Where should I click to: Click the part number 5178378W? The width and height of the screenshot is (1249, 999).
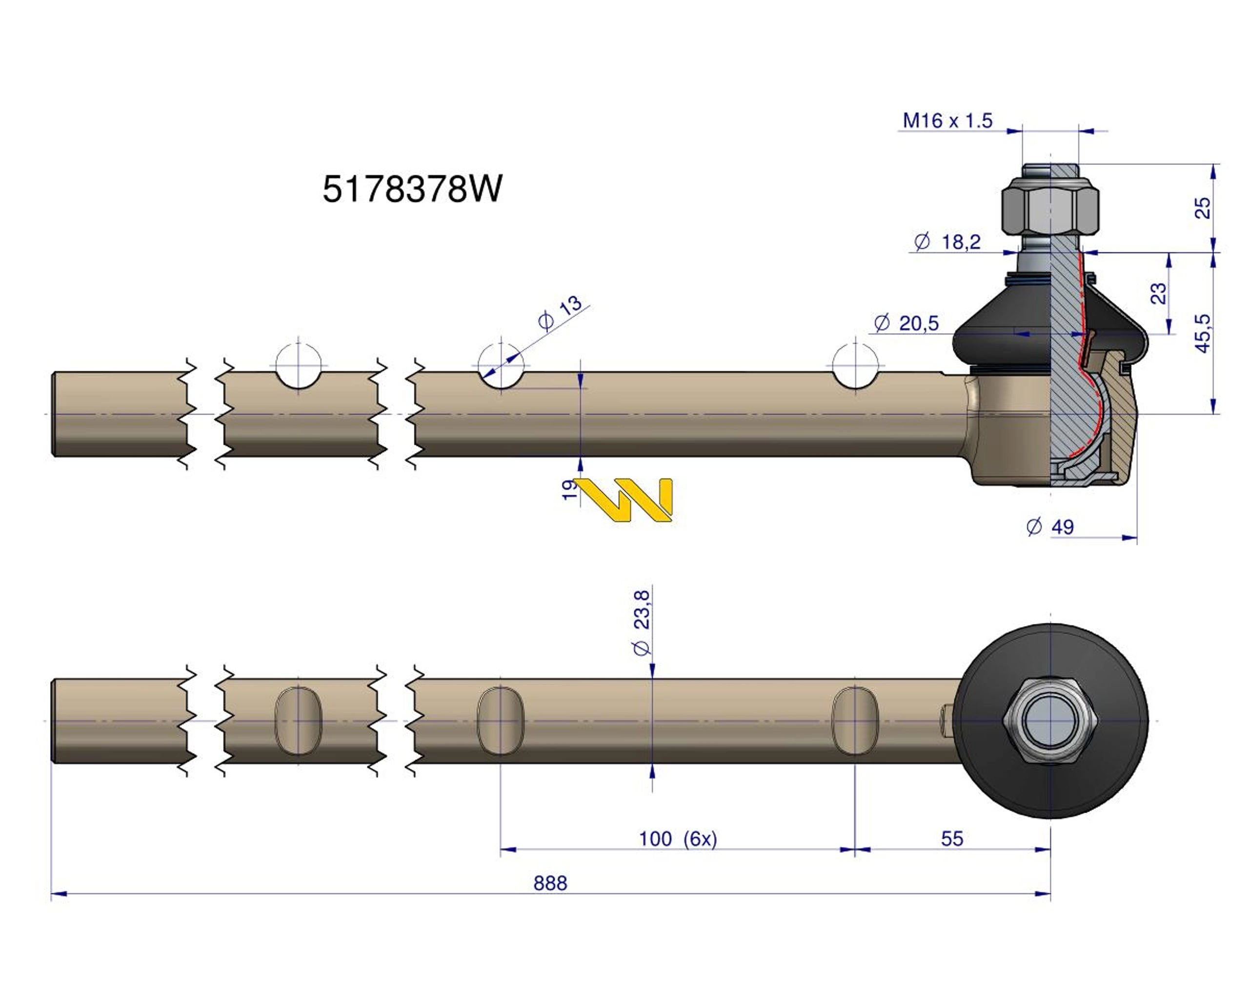tap(412, 189)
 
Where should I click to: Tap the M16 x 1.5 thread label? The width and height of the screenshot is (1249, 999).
tap(947, 121)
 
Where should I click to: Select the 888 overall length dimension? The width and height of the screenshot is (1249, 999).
tap(550, 883)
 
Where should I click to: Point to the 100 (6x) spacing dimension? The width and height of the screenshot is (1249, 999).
tap(677, 839)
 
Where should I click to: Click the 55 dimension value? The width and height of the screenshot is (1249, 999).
tap(952, 839)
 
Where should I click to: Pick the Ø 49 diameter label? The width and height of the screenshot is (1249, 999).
tap(1050, 527)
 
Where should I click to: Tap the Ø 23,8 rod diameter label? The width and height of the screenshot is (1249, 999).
tap(642, 623)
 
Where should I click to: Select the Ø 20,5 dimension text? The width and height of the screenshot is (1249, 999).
tap(906, 323)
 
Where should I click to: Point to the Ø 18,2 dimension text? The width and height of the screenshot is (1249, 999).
tap(947, 242)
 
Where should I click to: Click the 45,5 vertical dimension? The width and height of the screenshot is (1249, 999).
tap(1204, 333)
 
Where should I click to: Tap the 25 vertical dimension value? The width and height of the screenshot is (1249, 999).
tap(1204, 208)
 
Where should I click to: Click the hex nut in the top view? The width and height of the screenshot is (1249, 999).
tap(1050, 720)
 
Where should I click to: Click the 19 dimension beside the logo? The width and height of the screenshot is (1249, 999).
tap(570, 490)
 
